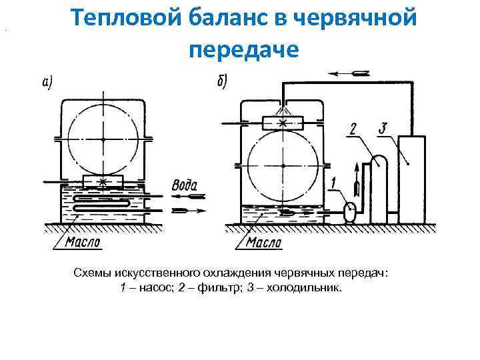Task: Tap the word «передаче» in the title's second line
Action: tap(245, 49)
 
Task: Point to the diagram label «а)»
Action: tap(47, 82)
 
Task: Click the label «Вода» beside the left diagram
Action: tap(185, 185)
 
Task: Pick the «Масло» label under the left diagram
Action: tap(83, 242)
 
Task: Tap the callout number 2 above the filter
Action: tap(353, 129)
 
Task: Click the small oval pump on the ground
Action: tap(347, 211)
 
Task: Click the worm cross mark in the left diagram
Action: tap(103, 182)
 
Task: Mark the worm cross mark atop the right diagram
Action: tap(285, 123)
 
